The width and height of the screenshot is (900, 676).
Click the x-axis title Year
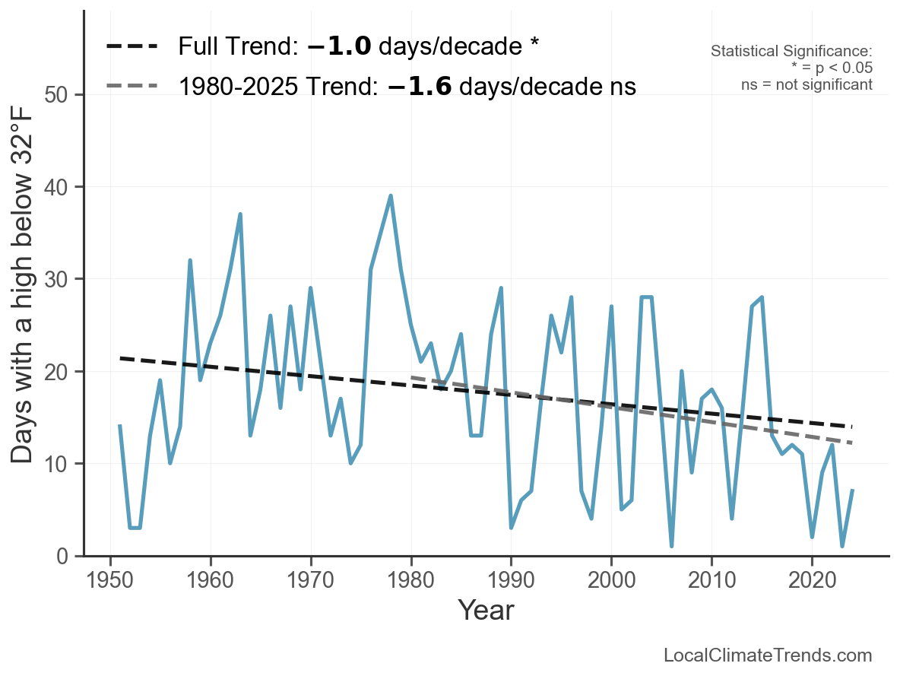coord(486,611)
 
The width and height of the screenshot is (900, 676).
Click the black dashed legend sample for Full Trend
coord(132,46)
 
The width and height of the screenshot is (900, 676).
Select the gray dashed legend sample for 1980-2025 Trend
coord(132,86)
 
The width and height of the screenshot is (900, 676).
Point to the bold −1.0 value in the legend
coord(339,46)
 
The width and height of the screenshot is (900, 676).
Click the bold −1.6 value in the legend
coord(420,86)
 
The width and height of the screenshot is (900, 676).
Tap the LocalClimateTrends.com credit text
coord(768,655)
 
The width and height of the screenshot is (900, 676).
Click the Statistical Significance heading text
coord(791,52)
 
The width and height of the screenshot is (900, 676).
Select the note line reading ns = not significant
coord(807,84)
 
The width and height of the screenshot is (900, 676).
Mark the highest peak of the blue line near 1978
coord(391,196)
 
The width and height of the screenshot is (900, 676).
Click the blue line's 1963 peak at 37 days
coord(240,214)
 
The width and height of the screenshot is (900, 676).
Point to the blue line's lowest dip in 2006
coord(672,546)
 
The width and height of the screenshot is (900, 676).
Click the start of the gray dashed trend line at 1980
coord(411,377)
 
